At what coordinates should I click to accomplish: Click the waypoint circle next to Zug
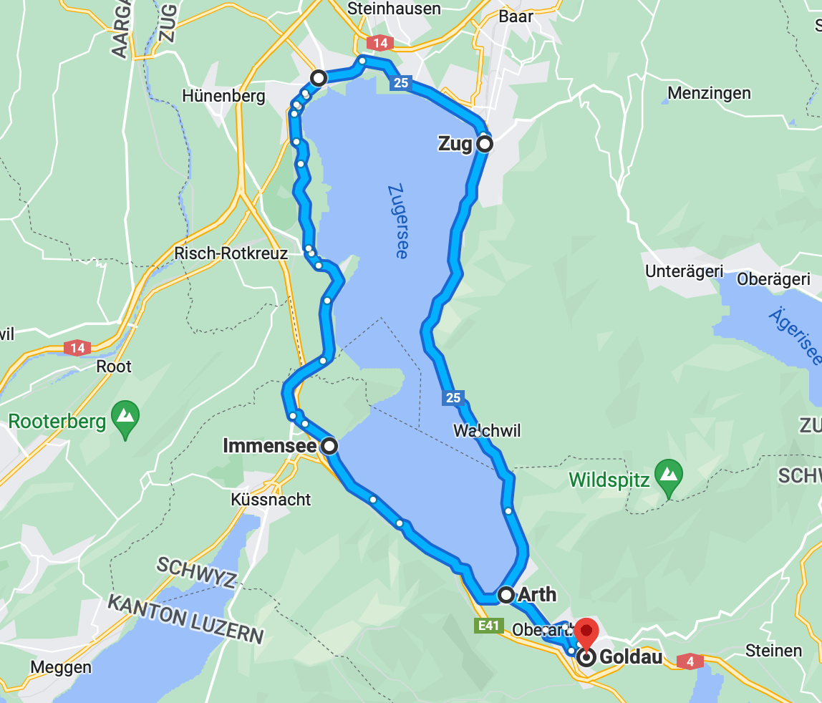tap(485, 144)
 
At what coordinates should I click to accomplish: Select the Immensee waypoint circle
tap(329, 446)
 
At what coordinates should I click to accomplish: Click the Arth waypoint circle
tap(506, 594)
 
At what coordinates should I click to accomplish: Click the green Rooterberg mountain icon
tap(126, 416)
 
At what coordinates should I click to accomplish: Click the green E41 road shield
tap(488, 626)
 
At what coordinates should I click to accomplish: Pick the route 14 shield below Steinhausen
tap(380, 43)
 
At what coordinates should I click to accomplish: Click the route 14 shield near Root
tap(77, 348)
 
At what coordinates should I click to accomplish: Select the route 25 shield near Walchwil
tap(453, 398)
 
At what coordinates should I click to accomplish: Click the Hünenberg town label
tap(223, 96)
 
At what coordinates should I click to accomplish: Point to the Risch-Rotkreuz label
tap(231, 253)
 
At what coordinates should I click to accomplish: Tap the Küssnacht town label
tap(271, 499)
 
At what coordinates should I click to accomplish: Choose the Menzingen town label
tap(709, 93)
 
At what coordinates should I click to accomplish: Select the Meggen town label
tap(61, 667)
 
